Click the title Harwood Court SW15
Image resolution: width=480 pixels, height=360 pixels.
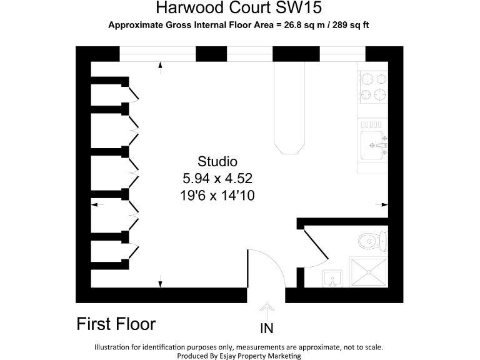[240, 9]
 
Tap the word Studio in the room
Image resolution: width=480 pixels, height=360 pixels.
[217, 161]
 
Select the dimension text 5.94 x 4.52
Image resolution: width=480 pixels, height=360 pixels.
[217, 177]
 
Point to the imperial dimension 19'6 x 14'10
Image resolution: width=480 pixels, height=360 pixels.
[217, 195]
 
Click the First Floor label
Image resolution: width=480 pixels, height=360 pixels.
[116, 324]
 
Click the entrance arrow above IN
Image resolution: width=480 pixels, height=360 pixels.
[266, 311]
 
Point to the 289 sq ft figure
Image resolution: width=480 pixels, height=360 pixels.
[352, 25]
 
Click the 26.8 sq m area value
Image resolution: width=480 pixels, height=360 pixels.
[304, 25]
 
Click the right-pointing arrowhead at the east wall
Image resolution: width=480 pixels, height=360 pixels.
[385, 204]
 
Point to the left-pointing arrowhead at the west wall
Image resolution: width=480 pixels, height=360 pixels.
[94, 204]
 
